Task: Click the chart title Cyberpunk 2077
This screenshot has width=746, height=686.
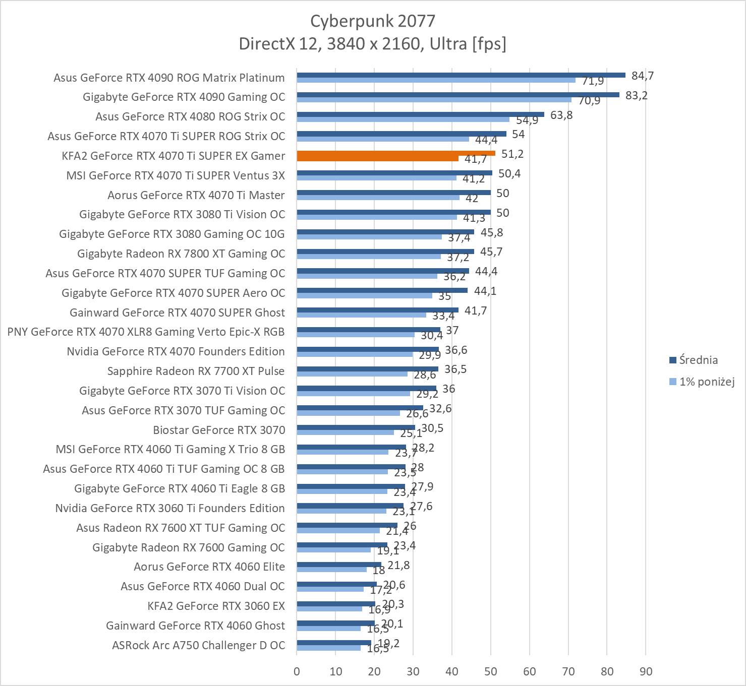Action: [372, 21]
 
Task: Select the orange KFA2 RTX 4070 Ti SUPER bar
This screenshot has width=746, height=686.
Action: [396, 153]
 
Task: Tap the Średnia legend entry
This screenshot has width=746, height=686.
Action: [698, 360]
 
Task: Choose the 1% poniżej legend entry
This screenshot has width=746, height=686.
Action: [706, 382]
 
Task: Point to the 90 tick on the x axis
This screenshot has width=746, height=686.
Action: [646, 671]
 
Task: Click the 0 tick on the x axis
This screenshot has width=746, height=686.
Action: [297, 671]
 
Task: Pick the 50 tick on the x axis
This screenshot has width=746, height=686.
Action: [490, 671]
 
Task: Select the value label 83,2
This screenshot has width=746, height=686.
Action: [636, 96]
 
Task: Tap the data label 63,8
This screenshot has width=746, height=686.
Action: [561, 115]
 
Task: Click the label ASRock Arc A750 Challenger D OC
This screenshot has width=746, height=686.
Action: [198, 645]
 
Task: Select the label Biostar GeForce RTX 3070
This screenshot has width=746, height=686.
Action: [219, 430]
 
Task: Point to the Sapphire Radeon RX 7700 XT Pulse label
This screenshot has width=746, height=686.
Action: [196, 371]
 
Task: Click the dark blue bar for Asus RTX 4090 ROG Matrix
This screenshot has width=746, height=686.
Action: [461, 75]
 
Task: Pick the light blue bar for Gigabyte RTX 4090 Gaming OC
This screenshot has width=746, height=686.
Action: [434, 100]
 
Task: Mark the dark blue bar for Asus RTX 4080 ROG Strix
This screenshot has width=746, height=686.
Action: [420, 114]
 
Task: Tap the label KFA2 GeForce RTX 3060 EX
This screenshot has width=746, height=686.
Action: [216, 606]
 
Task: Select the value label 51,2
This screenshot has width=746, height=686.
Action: [512, 154]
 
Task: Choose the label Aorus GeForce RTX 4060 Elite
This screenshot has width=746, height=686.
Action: [209, 567]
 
